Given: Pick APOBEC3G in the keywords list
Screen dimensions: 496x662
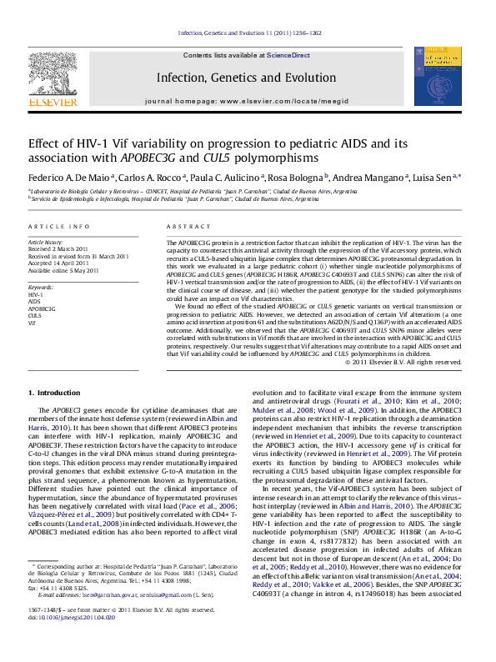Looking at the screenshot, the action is [43, 308].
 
